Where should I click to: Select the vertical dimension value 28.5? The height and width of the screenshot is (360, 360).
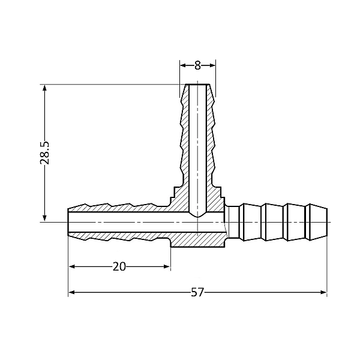45,153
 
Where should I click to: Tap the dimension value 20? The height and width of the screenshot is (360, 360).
119,266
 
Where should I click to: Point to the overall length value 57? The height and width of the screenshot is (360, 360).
197,292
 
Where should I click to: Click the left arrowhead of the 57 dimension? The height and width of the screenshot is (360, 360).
71,292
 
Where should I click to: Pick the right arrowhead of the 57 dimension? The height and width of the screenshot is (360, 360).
323,292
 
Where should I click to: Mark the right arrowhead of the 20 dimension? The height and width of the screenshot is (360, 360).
167,266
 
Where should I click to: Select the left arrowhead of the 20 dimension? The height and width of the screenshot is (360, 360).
71,266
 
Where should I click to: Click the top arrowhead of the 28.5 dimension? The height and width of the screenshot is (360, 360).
45,88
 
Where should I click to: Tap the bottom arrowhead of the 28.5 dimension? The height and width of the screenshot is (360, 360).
45,218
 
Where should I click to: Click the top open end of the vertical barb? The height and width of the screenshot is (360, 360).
197,85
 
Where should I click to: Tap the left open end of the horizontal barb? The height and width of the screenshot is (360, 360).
68,223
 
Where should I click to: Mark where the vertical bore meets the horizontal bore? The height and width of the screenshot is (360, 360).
197,214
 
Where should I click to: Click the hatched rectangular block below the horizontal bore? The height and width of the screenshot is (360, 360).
197,240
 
